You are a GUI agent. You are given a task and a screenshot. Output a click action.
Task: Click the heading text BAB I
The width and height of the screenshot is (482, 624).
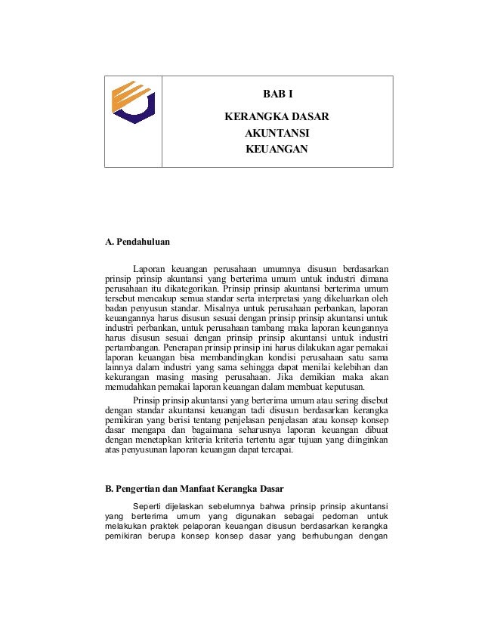click(277, 95)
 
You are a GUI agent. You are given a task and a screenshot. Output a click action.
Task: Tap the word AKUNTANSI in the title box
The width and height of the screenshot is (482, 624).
click(277, 133)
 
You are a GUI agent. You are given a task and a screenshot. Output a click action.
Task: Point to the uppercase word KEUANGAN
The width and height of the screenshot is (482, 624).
click(277, 149)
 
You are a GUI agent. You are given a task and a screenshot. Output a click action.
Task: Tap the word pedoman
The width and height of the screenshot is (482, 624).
click(344, 517)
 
